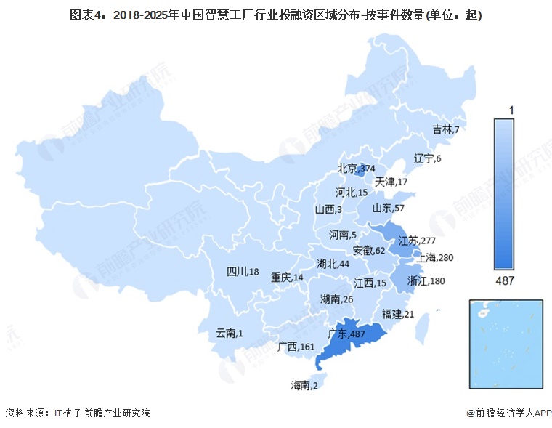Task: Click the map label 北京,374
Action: coord(356,169)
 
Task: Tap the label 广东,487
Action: coord(346,334)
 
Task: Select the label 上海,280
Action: coord(434,257)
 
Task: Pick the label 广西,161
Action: coord(296,347)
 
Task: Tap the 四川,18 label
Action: coord(243,272)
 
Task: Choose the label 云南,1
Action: coord(230,334)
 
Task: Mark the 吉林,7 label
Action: coord(446,129)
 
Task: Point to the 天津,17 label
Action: coord(391,181)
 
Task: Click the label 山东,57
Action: coord(390,209)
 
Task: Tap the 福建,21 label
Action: coord(398,314)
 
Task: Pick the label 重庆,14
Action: coord(288,277)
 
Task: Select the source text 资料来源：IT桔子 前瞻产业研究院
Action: coord(77,413)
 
